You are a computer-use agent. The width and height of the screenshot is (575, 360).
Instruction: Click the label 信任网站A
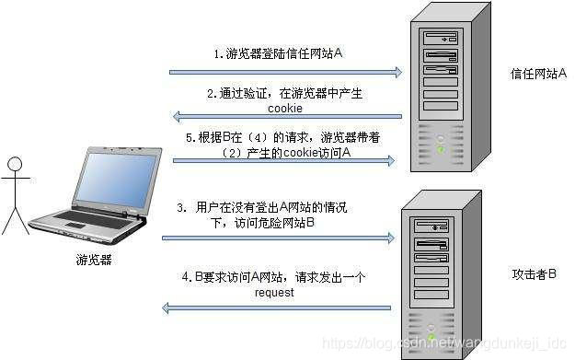point(539,73)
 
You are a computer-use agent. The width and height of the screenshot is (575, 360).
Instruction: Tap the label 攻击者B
point(534,275)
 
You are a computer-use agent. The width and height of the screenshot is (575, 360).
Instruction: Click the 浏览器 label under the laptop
point(94,261)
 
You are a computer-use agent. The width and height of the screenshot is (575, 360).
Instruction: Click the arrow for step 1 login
point(286,71)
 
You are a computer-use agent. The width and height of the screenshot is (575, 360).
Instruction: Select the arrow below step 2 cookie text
point(286,116)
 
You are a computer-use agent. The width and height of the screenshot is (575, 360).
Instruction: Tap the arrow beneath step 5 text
point(286,160)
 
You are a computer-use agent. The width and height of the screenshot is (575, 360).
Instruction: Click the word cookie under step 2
point(284,108)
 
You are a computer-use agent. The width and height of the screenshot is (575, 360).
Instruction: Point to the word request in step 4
point(275,293)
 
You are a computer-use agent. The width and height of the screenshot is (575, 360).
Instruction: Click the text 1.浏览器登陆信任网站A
point(279,54)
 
